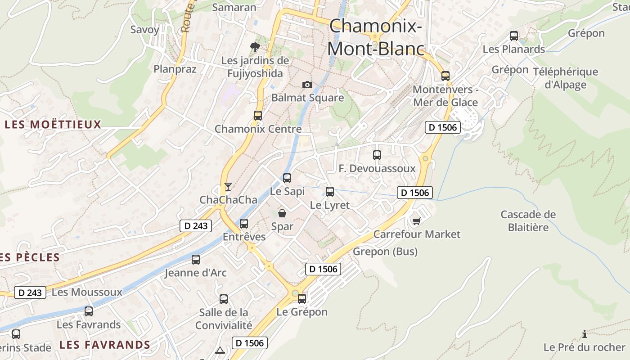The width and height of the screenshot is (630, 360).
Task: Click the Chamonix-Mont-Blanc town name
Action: [x=376, y=37]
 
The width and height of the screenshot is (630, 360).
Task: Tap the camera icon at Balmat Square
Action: [x=307, y=85]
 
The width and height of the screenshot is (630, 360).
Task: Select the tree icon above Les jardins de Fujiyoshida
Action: [x=255, y=47]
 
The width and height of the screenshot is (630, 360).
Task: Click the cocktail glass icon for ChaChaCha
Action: [x=228, y=186]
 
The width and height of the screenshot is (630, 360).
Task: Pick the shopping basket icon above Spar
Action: [x=282, y=213]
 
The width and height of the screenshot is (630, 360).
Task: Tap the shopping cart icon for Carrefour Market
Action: [x=416, y=220]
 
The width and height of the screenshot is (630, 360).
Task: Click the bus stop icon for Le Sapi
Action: [x=287, y=178]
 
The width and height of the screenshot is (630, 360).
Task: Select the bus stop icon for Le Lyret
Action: [x=330, y=192]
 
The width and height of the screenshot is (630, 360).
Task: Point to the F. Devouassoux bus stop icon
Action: [x=377, y=155]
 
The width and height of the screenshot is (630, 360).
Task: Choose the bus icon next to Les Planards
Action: [x=514, y=36]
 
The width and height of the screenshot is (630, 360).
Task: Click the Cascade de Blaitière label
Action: [x=528, y=220]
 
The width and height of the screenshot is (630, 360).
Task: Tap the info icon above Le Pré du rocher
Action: [x=584, y=334]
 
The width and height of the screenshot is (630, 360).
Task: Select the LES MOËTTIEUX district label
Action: [x=53, y=125]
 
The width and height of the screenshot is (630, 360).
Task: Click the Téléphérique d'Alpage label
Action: [x=566, y=78]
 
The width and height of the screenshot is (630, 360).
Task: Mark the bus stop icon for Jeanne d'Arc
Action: [x=196, y=260]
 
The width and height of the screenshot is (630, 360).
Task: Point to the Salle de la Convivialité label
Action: [x=224, y=319]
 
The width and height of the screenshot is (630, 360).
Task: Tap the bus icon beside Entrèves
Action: [x=244, y=223]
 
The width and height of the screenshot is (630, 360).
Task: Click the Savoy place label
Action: [x=145, y=30]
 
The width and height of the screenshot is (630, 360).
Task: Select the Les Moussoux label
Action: [x=87, y=292]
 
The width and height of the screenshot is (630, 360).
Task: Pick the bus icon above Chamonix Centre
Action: [x=258, y=116]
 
